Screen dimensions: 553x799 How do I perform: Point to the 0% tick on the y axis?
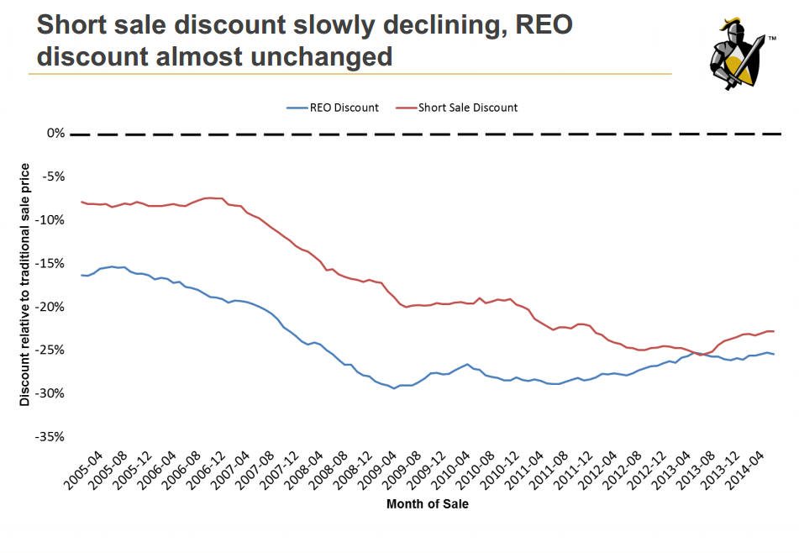[x=55, y=133]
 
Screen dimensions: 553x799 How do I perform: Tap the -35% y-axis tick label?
[x=50, y=437]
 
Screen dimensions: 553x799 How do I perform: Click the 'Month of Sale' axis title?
[x=428, y=504]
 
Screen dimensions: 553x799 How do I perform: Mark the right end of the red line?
[x=774, y=331]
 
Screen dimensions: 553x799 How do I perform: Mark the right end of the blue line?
[x=774, y=354]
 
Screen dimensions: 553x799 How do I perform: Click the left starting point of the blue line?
[x=81, y=275]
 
